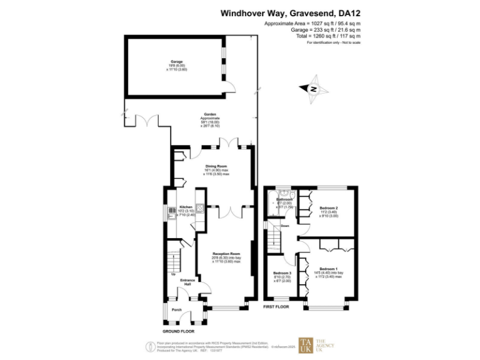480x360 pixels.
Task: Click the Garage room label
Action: [x=177, y=62]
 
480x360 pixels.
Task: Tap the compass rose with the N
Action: [x=314, y=89]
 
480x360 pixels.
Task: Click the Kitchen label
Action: [x=186, y=206]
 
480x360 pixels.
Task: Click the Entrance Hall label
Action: [x=187, y=283]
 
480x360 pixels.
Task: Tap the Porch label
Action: [x=177, y=310]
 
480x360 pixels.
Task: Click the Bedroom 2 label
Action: [x=329, y=207]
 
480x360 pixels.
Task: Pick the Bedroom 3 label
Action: [x=282, y=274]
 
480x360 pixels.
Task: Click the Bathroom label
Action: [x=285, y=199]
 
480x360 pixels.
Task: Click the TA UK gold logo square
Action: [x=306, y=345]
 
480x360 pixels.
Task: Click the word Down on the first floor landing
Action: [x=284, y=226]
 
